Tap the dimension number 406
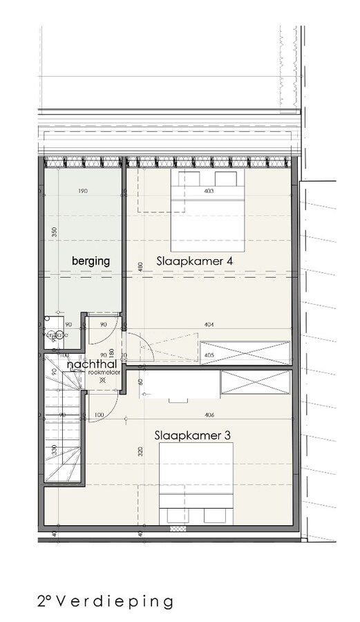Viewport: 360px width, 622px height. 209,415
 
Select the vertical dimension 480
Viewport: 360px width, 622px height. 140,267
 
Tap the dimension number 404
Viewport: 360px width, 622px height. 209,323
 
